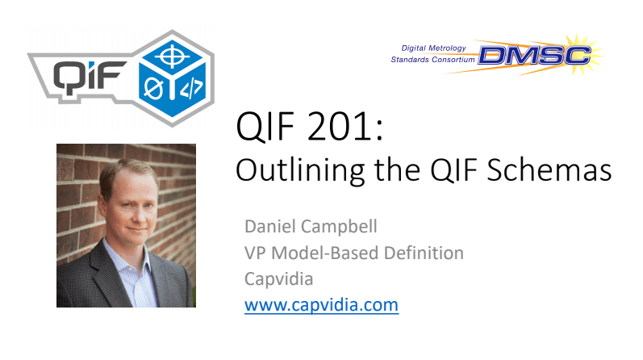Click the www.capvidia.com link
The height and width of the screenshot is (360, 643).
click(321, 306)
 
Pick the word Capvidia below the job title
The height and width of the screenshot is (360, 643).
click(278, 279)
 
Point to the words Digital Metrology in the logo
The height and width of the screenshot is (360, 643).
click(436, 48)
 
